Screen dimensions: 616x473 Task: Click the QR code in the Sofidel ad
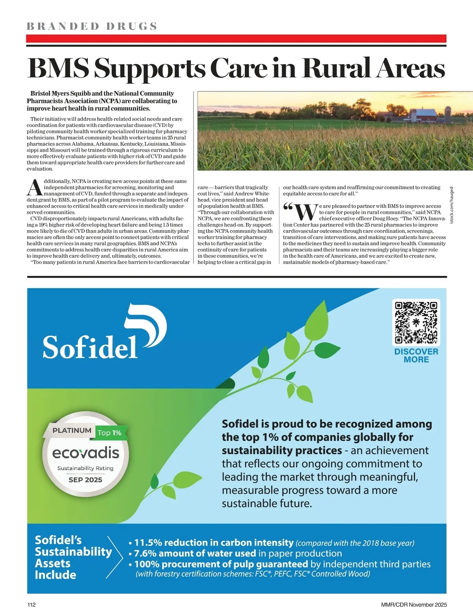[416, 322]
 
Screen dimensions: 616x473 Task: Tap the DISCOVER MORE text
[416, 355]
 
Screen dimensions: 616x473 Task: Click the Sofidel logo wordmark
[90, 347]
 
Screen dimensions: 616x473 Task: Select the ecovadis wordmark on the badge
[86, 453]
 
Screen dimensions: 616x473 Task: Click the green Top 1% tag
[109, 433]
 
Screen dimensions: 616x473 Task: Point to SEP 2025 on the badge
[85, 480]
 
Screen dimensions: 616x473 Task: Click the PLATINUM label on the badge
[72, 430]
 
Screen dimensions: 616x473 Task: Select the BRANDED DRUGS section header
[92, 26]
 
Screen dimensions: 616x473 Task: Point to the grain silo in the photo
[448, 114]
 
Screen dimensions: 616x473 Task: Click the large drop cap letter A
[34, 188]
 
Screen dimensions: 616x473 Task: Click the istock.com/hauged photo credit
[452, 205]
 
